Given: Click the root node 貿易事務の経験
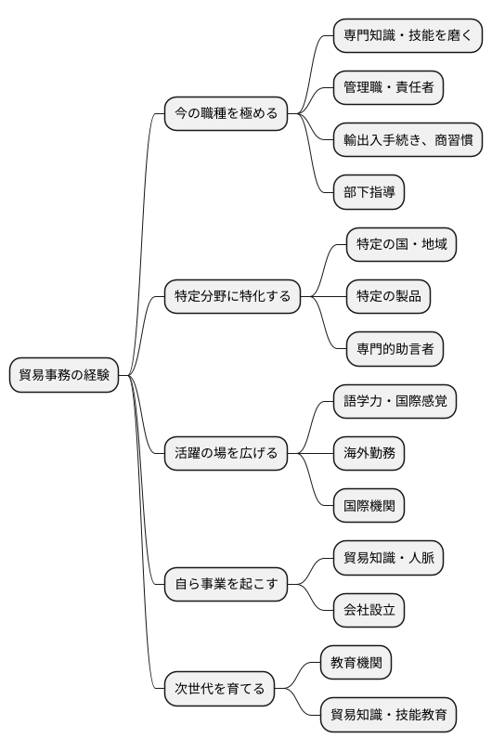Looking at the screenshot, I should tap(64, 375).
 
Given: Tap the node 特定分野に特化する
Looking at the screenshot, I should tap(232, 297).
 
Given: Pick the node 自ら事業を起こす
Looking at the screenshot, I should tap(226, 585).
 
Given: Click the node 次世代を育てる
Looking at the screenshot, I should tap(219, 689).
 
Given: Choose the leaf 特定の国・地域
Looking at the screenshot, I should tap(401, 245).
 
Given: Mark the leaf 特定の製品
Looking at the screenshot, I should tap(388, 297).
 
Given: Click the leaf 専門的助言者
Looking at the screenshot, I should tap(395, 349).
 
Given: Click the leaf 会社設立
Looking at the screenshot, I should tap(369, 611).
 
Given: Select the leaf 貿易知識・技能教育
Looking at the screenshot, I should tap(388, 715).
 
